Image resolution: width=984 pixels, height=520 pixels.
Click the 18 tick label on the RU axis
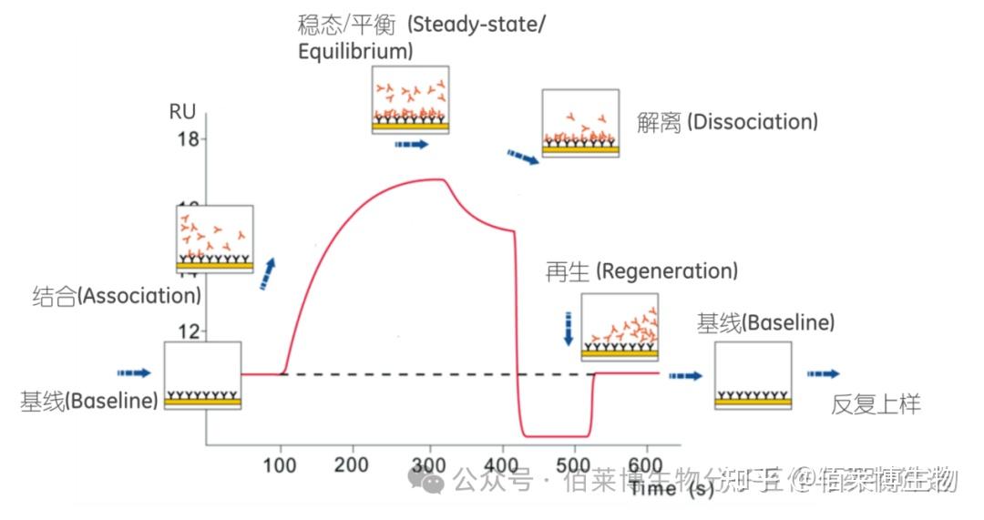(x=187, y=139)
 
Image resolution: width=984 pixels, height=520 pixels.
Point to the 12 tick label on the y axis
(x=187, y=331)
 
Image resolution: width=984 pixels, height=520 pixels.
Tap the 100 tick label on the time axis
(x=280, y=464)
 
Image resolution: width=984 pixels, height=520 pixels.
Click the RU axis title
(x=182, y=112)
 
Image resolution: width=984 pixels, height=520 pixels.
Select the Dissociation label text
(x=727, y=122)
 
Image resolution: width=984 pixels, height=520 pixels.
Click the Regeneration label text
(x=641, y=271)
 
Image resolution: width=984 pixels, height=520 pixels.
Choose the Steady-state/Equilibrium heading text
(x=421, y=37)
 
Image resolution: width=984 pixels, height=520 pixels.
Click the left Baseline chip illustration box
(x=202, y=375)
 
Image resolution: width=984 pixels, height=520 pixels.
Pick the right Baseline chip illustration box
(x=753, y=375)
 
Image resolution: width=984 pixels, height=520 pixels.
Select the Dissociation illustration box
(x=580, y=123)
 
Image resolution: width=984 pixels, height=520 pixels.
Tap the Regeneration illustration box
(x=620, y=325)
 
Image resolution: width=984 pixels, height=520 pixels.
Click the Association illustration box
(x=214, y=240)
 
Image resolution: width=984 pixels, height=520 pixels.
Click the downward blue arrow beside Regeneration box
(x=569, y=328)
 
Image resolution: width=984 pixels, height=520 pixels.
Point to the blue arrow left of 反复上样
(x=824, y=374)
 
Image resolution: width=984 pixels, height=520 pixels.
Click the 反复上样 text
(x=876, y=405)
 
